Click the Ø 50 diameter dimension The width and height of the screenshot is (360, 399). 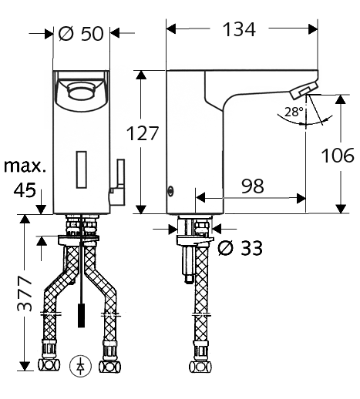coord(81,34)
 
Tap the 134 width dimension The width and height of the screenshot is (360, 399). coord(239,29)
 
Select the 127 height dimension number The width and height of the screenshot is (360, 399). coord(143,133)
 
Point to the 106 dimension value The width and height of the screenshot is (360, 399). coord(338,156)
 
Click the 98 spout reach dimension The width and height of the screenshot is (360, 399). coord(253,186)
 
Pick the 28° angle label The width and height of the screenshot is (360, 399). coord(294,112)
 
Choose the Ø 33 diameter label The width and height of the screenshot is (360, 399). coord(240,248)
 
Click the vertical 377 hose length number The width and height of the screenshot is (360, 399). coord(25,293)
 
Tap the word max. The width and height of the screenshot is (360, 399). coord(25,166)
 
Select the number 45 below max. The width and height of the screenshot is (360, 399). coord(25,190)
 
